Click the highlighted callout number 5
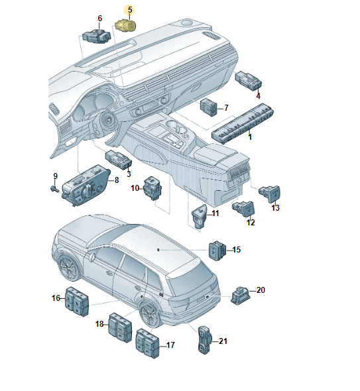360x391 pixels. coord(130,10)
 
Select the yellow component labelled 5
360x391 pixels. coord(125,25)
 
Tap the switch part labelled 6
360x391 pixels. coord(96,36)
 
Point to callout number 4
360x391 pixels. coord(258,95)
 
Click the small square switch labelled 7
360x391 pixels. coord(209,107)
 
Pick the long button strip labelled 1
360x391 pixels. coord(243,124)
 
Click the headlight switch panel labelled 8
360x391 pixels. coord(86,185)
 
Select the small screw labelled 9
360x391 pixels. coord(54,189)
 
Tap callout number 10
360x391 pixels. coord(135,188)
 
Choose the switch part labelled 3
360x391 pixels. coord(119,160)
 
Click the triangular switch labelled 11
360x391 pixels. coord(199,216)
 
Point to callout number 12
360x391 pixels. coord(251,222)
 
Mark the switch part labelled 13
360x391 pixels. coord(269,194)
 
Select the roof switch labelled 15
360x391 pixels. coord(217,251)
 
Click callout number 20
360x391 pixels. coord(261,290)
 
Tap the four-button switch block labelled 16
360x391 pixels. coord(77,302)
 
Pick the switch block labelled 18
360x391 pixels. coord(120,327)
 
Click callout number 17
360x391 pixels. coord(170,345)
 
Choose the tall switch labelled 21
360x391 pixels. coord(205,340)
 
